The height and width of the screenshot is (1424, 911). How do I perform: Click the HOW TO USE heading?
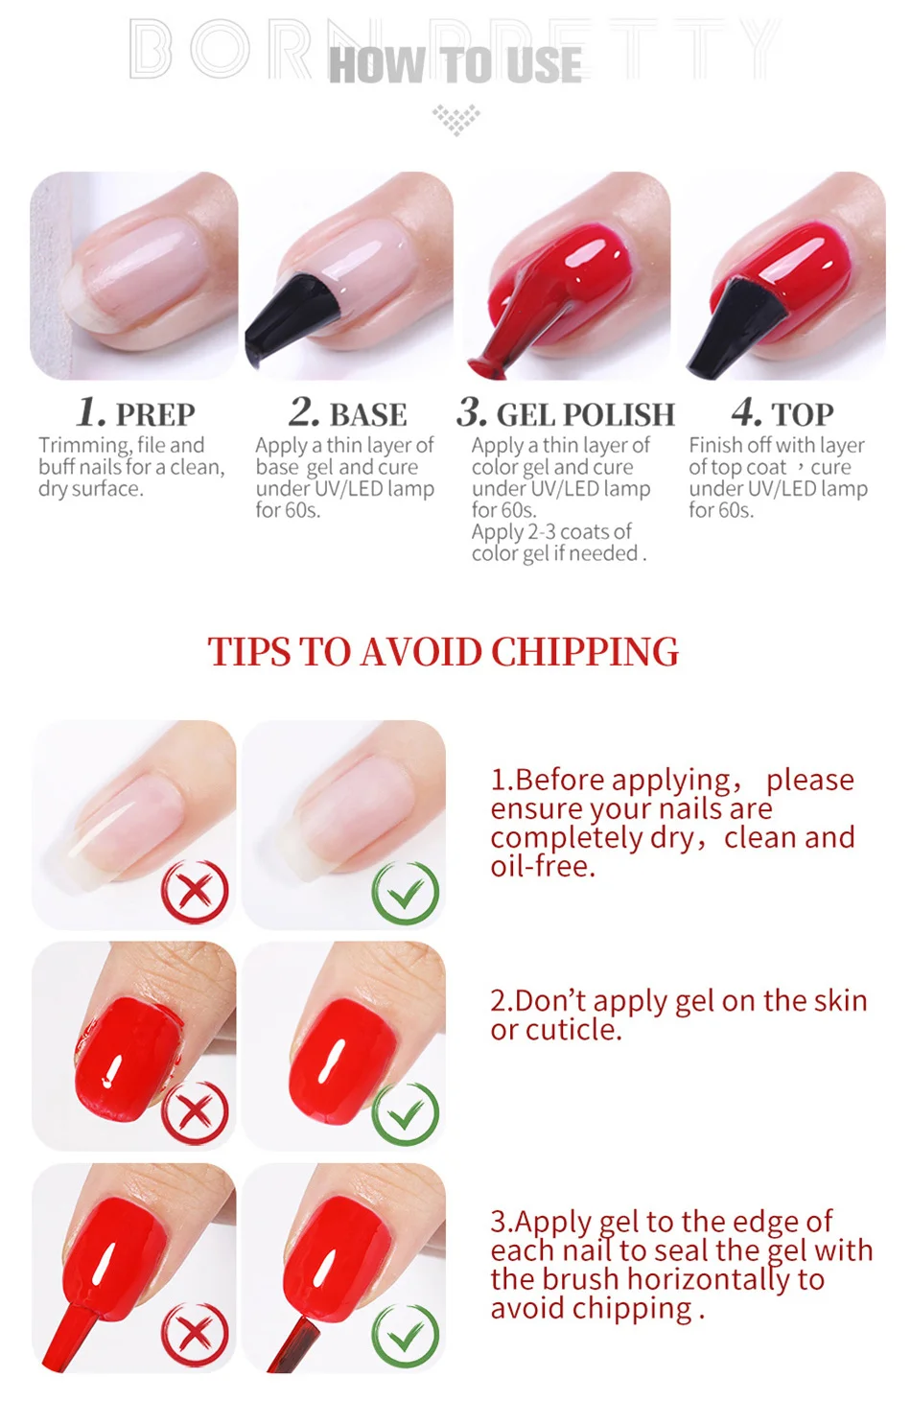(455, 64)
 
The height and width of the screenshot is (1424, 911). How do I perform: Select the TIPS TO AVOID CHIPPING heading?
(443, 652)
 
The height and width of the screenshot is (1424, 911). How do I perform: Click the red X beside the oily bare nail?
(195, 892)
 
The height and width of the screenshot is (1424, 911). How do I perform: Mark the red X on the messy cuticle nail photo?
(195, 1112)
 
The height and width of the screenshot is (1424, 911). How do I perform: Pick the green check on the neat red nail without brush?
(405, 1113)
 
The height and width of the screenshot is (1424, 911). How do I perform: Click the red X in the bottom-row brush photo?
(195, 1335)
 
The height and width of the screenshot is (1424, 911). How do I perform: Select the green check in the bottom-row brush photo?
(405, 1336)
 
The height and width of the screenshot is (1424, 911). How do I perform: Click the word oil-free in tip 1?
(543, 866)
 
